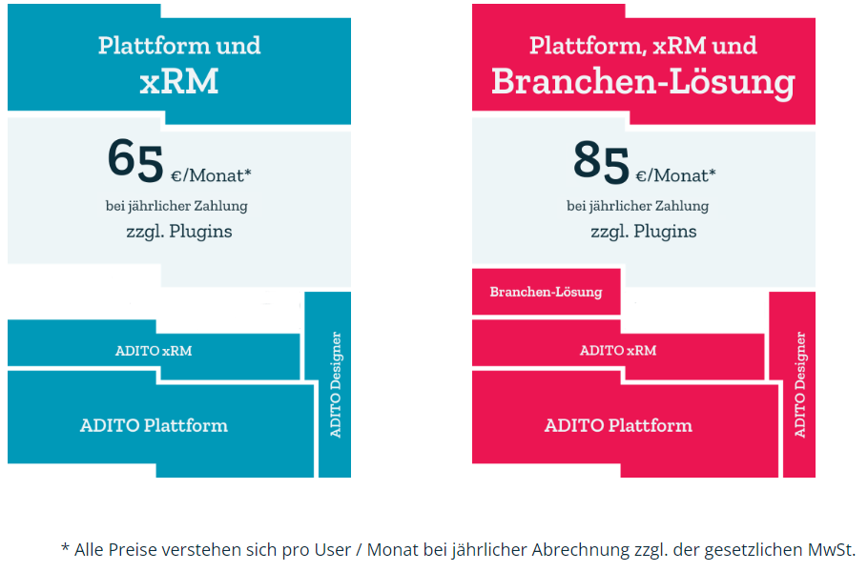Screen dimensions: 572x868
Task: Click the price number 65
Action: (x=135, y=159)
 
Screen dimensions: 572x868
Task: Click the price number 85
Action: (x=601, y=159)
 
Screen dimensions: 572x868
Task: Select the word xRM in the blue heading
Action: (x=179, y=81)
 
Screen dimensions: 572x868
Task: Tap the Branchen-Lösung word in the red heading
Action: (x=643, y=81)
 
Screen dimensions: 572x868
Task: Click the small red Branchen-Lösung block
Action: (x=546, y=292)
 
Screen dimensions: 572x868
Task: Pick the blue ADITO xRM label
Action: (x=154, y=350)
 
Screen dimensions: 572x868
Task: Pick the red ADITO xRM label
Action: (x=618, y=350)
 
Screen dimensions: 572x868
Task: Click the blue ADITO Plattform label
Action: (x=154, y=425)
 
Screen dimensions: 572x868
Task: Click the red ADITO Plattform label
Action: (x=618, y=425)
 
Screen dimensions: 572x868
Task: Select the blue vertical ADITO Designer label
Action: (x=335, y=385)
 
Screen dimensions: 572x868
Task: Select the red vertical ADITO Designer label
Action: (x=799, y=385)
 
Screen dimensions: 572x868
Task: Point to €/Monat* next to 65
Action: (x=211, y=174)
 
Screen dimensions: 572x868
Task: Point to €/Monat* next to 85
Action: (x=676, y=174)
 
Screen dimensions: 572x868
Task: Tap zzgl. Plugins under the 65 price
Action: (x=178, y=231)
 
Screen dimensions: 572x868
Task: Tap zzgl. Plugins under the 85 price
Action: (x=643, y=231)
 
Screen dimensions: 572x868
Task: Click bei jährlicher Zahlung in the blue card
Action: (x=176, y=205)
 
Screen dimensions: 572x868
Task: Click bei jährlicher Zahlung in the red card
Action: (x=637, y=205)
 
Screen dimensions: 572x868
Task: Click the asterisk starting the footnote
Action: (x=65, y=548)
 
